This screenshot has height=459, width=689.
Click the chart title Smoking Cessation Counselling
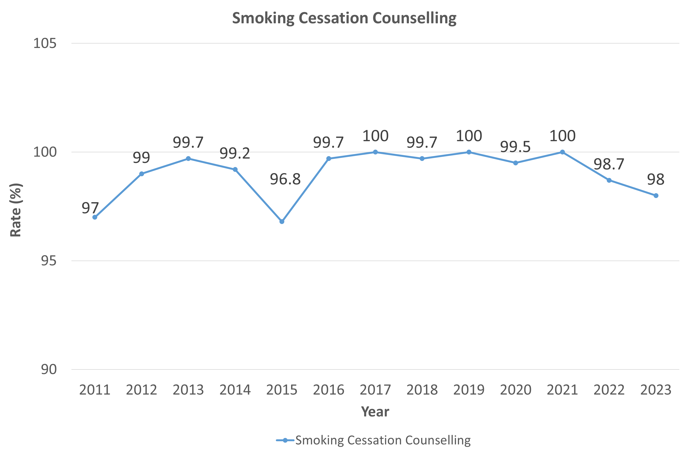click(344, 18)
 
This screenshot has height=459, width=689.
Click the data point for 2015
click(282, 222)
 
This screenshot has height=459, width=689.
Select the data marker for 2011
click(95, 217)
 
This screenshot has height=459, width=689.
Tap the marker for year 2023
click(656, 195)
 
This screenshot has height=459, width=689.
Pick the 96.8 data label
click(285, 179)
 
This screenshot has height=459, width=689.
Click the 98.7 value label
click(609, 164)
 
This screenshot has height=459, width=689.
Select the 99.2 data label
click(235, 153)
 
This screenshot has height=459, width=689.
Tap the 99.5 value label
click(515, 147)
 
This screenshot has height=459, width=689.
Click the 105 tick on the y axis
click(45, 43)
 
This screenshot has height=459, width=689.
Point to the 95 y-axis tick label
click(48, 260)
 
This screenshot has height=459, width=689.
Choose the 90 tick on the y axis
click(48, 369)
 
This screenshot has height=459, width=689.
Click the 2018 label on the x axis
click(422, 390)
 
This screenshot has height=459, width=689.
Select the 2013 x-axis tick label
click(188, 390)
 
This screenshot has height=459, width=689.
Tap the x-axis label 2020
click(516, 390)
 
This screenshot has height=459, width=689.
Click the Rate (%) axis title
click(16, 210)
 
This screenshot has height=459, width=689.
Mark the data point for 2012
click(142, 174)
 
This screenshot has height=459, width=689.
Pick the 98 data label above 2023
click(656, 179)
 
